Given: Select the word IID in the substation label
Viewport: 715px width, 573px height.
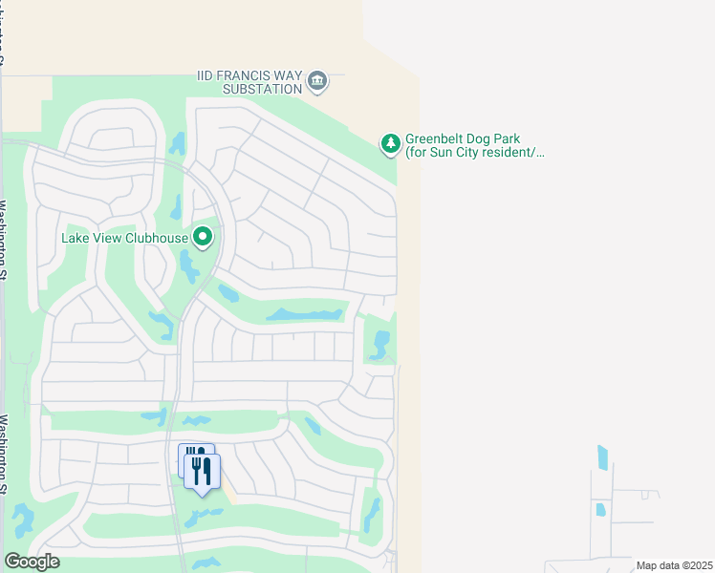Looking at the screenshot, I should click(207, 75).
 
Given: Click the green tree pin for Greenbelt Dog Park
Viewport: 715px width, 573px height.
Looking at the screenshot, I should click(390, 143).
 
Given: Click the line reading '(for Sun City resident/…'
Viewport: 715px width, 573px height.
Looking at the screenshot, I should click(474, 152).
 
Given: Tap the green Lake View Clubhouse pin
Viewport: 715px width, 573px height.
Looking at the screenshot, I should click(203, 236).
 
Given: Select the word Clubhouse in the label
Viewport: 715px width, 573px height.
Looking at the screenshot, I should click(158, 238).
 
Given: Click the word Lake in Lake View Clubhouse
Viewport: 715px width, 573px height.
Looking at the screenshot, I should click(76, 238).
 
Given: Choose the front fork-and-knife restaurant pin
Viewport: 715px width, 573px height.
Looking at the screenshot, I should click(203, 473).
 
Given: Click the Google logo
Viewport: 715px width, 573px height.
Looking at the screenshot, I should click(32, 562).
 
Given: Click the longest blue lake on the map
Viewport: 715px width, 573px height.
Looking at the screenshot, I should click(304, 313).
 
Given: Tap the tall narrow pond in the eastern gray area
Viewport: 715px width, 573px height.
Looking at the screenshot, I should click(602, 457).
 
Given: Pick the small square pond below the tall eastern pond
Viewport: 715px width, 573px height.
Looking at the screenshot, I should click(600, 510).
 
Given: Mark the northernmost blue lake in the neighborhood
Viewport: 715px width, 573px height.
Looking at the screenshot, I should click(177, 143).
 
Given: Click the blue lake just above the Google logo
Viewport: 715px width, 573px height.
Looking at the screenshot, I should click(22, 520).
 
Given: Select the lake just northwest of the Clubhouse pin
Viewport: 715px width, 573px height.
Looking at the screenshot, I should click(177, 205).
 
